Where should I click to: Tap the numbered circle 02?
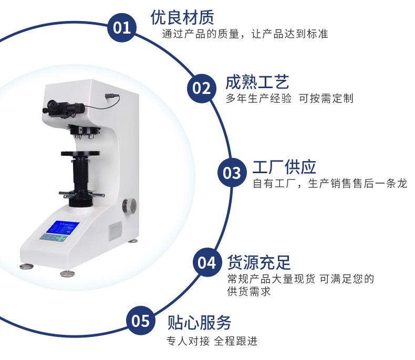[x=201, y=88]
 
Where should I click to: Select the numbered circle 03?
[x=232, y=173]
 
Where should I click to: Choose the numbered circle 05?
[x=141, y=321]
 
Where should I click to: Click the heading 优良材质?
[x=182, y=18]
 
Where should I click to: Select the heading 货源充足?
[x=259, y=262]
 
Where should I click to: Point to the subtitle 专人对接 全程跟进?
[x=212, y=341]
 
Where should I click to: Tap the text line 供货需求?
[x=249, y=291]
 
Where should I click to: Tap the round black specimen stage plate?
[x=80, y=153]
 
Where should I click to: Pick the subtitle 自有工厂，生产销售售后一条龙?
[x=330, y=184]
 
